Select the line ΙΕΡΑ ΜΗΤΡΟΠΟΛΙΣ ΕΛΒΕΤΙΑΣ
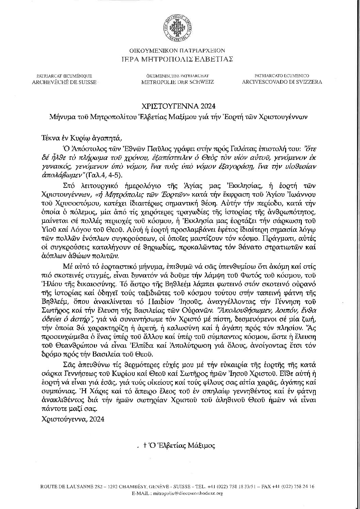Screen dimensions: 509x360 click(180, 59)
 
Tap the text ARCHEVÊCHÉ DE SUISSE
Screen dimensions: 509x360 click(64, 82)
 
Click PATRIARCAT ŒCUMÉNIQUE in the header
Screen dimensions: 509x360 click(64, 76)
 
